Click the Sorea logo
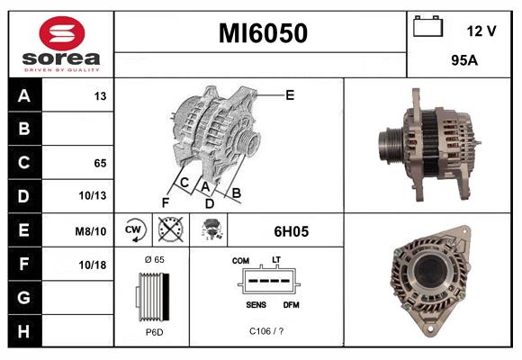pos(61,43)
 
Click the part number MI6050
pos(263,34)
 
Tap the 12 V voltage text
pos(481,31)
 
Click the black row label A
pos(24,95)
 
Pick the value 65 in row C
pos(100,163)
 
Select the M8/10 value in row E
pos(92,231)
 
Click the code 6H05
pos(291,231)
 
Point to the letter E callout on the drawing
pos(290,94)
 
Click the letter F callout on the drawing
pos(165,202)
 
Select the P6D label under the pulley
pos(152,331)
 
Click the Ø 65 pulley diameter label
pos(152,259)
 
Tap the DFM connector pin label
pos(290,305)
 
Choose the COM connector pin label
pos(240,260)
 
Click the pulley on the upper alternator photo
pos(393,142)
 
